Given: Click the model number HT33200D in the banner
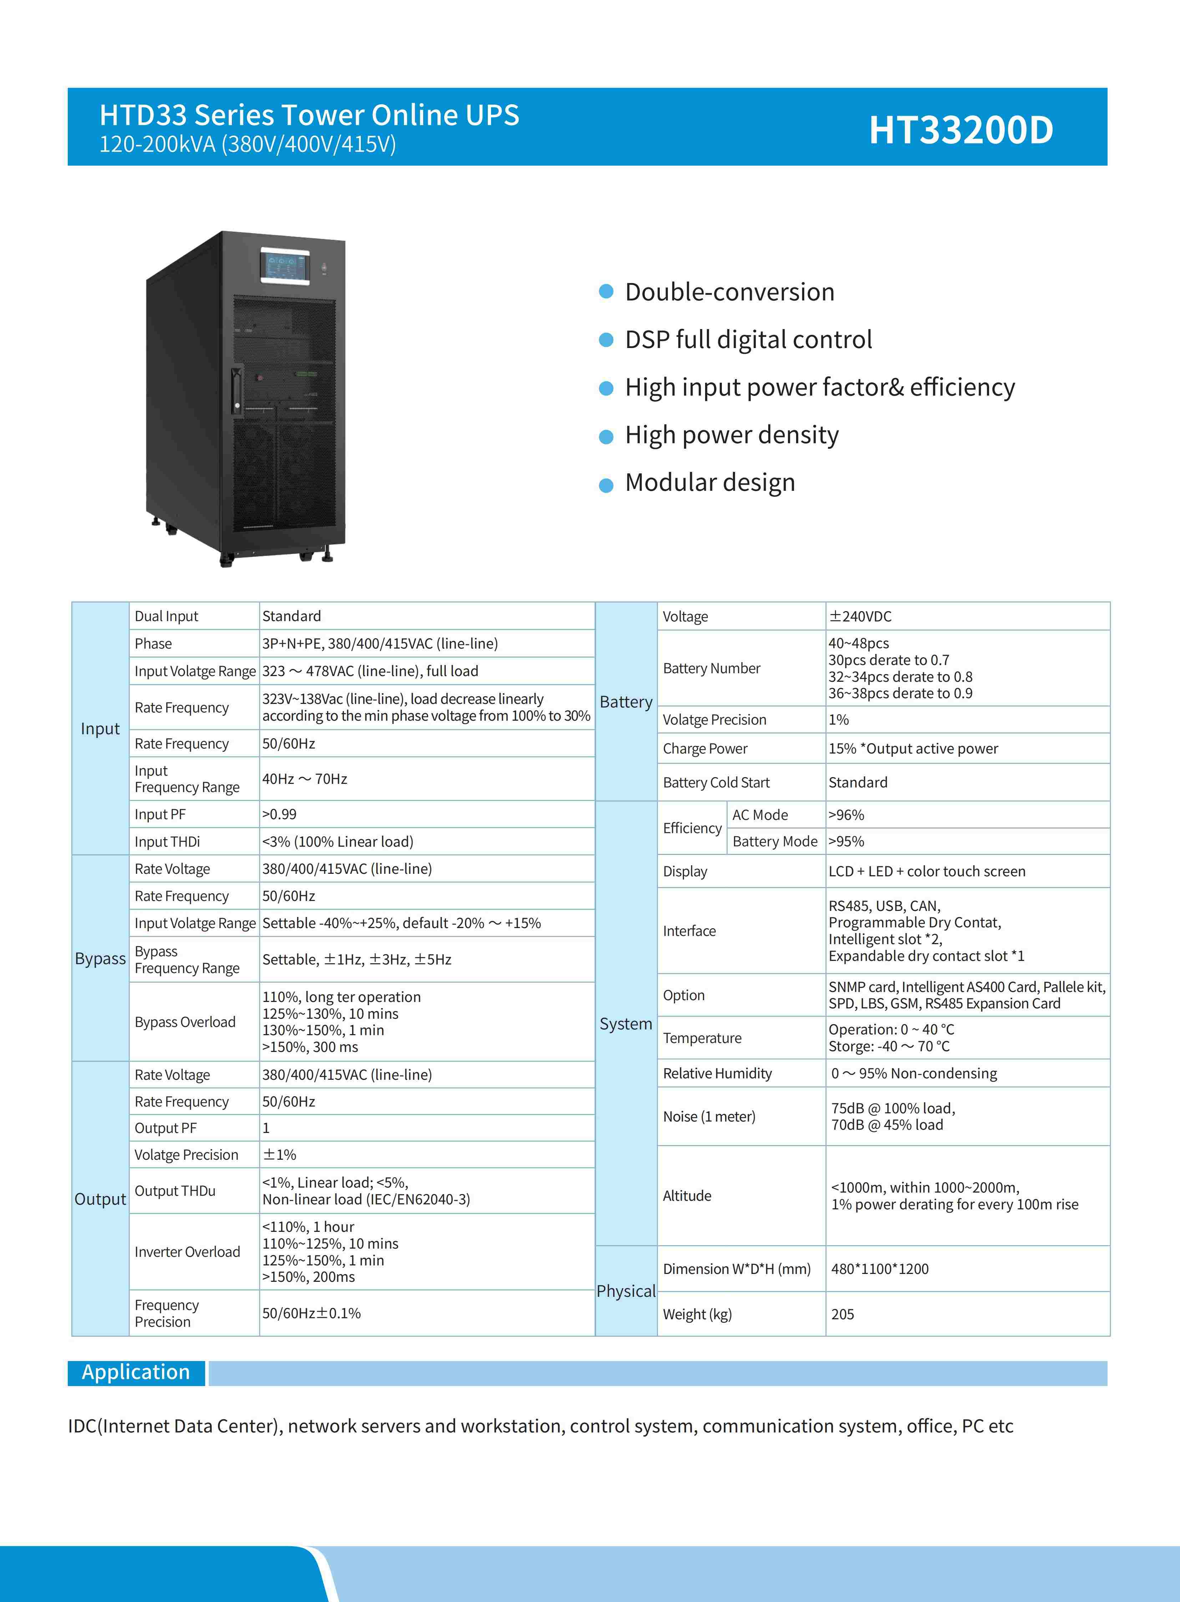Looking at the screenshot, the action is (x=961, y=130).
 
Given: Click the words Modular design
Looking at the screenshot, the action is (x=710, y=482).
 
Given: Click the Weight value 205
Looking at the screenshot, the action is (x=843, y=1314).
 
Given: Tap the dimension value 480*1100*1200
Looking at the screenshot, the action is (x=880, y=1269).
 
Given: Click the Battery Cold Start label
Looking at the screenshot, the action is (x=716, y=782).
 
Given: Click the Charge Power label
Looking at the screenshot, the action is (x=705, y=749).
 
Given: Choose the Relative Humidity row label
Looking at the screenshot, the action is (x=717, y=1073).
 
